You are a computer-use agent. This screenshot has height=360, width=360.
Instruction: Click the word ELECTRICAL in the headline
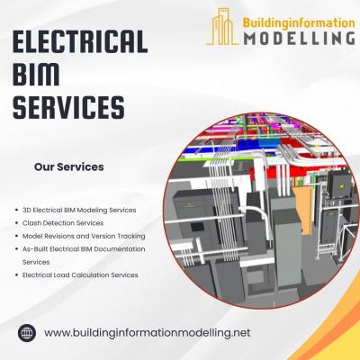coord(80,41)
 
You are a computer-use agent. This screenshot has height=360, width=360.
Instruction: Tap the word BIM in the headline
coord(36,74)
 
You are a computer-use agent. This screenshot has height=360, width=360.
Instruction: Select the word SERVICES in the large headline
coord(68,107)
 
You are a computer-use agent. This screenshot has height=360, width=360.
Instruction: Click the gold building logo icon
coord(221,27)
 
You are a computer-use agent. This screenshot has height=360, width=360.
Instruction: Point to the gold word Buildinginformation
coord(299,23)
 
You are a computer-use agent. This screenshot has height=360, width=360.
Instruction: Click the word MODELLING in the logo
coord(299,38)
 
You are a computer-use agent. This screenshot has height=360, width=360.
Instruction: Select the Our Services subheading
coord(69,166)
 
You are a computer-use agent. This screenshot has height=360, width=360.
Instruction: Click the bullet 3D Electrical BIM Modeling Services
coord(79,210)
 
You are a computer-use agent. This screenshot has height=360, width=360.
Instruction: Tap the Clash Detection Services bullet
coord(63,223)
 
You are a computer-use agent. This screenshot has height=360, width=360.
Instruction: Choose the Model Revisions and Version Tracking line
coord(84,236)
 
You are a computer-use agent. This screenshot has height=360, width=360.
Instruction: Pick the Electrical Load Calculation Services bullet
coord(80,274)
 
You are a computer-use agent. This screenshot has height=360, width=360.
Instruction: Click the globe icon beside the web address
coord(27,333)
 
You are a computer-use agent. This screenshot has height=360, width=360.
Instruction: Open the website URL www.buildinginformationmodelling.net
coord(147,333)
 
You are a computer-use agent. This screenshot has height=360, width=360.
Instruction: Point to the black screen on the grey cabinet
coord(197,227)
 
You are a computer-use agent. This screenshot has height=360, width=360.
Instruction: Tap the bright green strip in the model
coord(192,160)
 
